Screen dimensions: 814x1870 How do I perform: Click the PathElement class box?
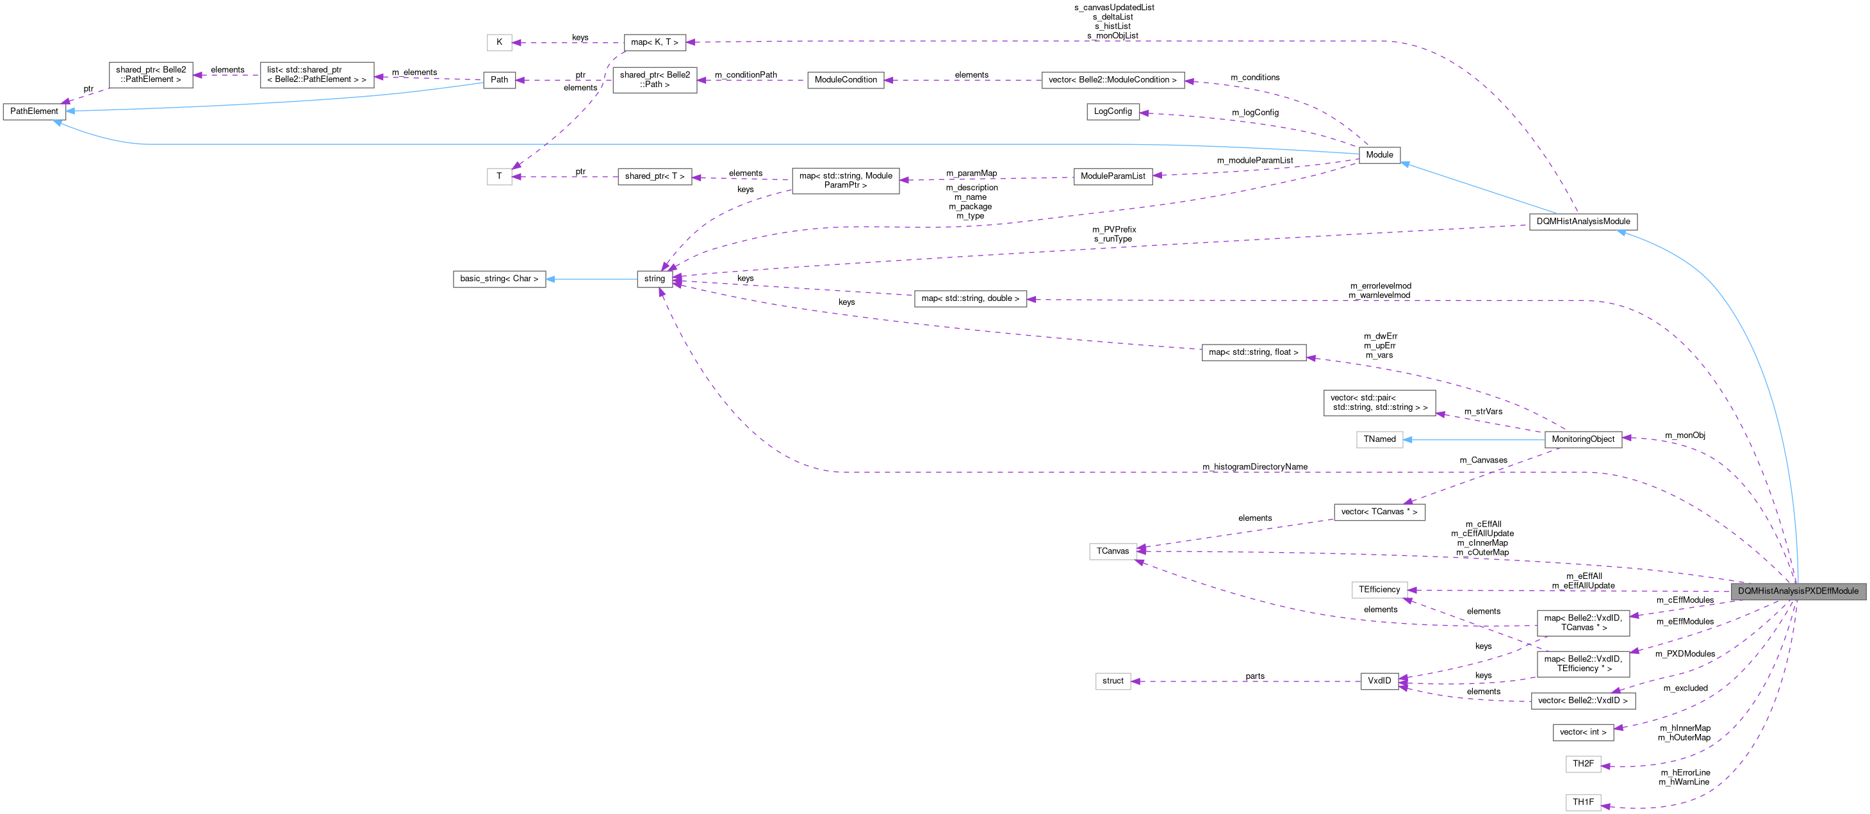pos(34,111)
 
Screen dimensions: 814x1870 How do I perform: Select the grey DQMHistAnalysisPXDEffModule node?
pos(1798,591)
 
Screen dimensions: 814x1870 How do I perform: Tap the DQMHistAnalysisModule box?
pos(1582,222)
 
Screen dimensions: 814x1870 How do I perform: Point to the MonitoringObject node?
pos(1582,439)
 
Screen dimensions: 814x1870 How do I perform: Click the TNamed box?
pos(1379,439)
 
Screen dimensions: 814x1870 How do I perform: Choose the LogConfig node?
pos(1112,111)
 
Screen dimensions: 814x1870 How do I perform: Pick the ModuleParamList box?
pos(1112,176)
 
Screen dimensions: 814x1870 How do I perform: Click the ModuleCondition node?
pos(845,80)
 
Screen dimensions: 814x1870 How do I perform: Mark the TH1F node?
pos(1582,802)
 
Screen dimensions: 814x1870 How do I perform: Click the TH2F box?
pos(1582,764)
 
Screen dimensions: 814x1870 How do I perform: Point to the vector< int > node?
pos(1582,732)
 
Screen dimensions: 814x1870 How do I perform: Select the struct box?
pos(1112,681)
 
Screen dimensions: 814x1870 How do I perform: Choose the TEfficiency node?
pos(1379,590)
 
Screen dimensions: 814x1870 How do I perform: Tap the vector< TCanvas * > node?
pos(1379,512)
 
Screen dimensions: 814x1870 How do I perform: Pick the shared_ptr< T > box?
pos(654,176)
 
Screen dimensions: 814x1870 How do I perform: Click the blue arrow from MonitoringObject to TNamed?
pos(1473,439)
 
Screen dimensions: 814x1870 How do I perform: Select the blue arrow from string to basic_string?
pos(592,279)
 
